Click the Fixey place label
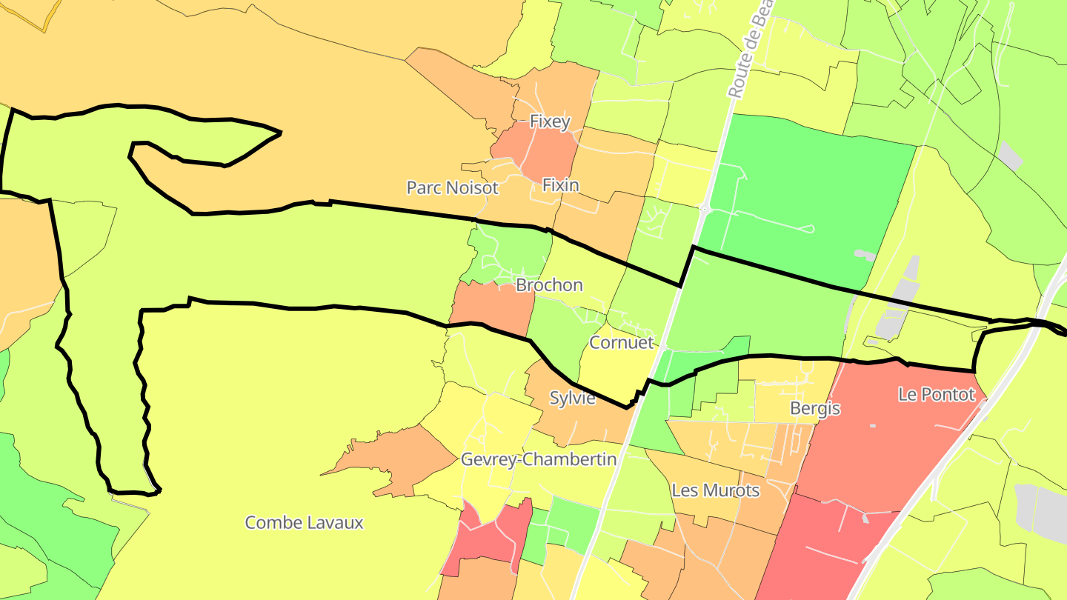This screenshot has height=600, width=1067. [x=549, y=121]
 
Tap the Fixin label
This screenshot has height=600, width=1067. [x=560, y=184]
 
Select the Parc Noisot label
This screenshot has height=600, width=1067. [x=452, y=188]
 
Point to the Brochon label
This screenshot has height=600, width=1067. [x=549, y=285]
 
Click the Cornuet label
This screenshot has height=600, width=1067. [x=622, y=342]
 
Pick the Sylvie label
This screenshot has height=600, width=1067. [x=572, y=398]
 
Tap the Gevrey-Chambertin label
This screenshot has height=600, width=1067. [x=539, y=459]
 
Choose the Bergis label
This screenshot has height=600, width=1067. [x=815, y=408]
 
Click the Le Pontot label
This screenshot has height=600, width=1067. [x=936, y=395]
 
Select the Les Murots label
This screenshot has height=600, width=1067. [x=715, y=490]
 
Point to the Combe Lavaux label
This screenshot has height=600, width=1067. [x=304, y=522]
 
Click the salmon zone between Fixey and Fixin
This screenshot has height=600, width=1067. [x=537, y=152]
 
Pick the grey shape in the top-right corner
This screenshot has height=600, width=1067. [x=1009, y=156]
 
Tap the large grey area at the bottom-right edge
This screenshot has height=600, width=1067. [x=1045, y=511]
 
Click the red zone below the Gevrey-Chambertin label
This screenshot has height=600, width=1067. [x=485, y=537]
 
